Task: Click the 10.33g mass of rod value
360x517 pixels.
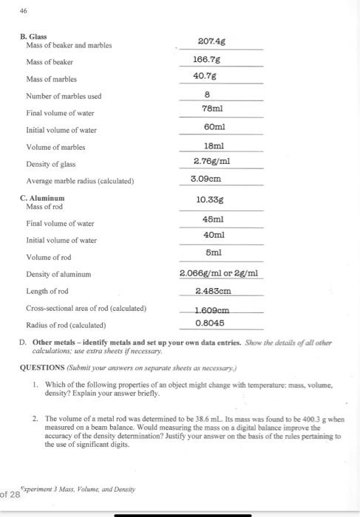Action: point(211,199)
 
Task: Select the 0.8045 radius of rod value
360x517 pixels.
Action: point(210,322)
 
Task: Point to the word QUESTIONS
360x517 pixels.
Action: point(42,364)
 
